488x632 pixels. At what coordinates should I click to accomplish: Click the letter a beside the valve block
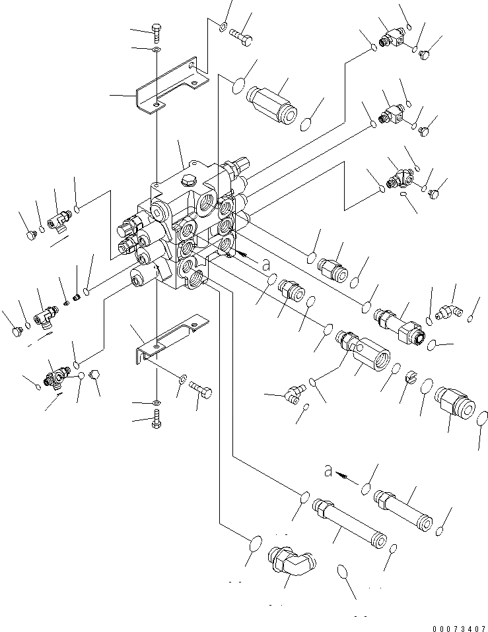tap(265, 264)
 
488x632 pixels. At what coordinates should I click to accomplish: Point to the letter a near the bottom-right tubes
tap(328, 470)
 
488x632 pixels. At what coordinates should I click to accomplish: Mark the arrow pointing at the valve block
tap(245, 253)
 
